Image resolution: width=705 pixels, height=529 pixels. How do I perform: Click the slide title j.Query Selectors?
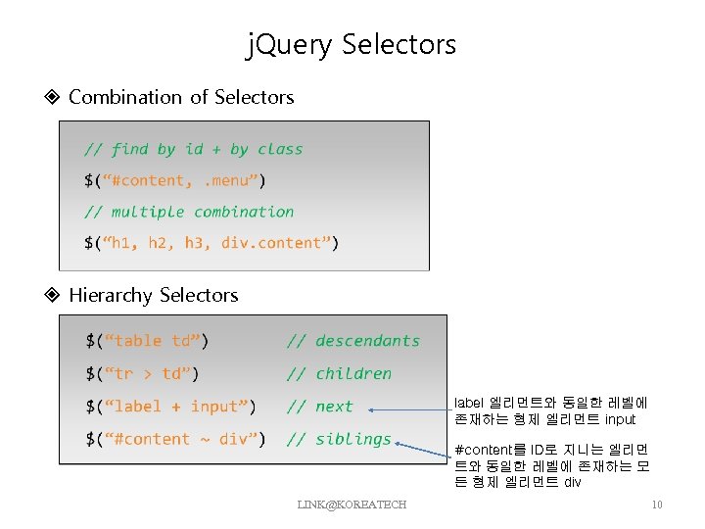coord(352,44)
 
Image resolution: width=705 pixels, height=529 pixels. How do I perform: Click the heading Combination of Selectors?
coord(181,97)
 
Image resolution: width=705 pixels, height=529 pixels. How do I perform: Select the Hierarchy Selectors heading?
coord(154,295)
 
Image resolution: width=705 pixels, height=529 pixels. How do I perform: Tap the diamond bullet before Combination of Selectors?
coord(53,97)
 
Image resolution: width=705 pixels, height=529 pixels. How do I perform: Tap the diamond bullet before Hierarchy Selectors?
coord(53,295)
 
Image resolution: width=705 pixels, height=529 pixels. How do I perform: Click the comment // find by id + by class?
coord(193,149)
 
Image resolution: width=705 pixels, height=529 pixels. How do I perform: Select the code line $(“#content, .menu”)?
coord(174,180)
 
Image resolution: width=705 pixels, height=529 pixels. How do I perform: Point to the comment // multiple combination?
coord(188,212)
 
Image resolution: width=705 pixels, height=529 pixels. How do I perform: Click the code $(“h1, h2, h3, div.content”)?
coord(211,243)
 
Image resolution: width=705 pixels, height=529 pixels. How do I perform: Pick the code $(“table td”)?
coord(147,341)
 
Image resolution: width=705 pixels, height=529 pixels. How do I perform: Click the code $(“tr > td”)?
coord(142,373)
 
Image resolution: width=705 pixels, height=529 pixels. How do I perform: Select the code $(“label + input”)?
coord(171,407)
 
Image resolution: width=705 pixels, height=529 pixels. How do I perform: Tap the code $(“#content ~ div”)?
coord(175,439)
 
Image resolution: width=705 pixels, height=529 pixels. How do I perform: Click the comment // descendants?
coord(352,341)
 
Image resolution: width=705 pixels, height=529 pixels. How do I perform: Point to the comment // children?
coord(339,373)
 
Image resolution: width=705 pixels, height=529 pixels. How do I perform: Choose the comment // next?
coord(319,407)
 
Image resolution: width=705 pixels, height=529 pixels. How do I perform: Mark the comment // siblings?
coord(339,439)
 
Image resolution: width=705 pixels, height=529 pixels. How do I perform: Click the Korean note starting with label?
coord(550,410)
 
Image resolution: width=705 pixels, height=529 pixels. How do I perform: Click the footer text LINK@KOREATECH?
coord(352,504)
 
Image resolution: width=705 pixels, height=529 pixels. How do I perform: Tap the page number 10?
coord(657,505)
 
